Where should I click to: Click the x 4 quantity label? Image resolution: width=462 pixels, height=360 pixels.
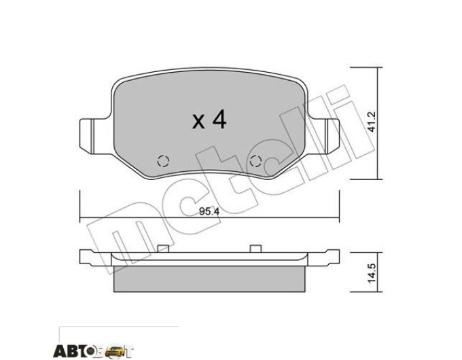click(x=209, y=120)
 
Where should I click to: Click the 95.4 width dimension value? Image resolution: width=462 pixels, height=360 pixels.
click(x=209, y=211)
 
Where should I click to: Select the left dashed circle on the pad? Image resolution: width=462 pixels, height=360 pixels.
click(x=163, y=161)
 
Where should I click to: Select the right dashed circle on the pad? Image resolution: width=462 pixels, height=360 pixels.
click(x=255, y=161)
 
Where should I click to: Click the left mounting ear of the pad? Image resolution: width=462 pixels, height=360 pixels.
click(x=94, y=136)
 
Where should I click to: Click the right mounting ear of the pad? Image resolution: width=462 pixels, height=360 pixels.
click(x=324, y=136)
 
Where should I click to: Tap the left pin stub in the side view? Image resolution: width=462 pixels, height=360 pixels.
click(x=163, y=249)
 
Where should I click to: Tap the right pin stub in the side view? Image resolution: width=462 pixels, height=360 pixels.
click(x=255, y=249)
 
